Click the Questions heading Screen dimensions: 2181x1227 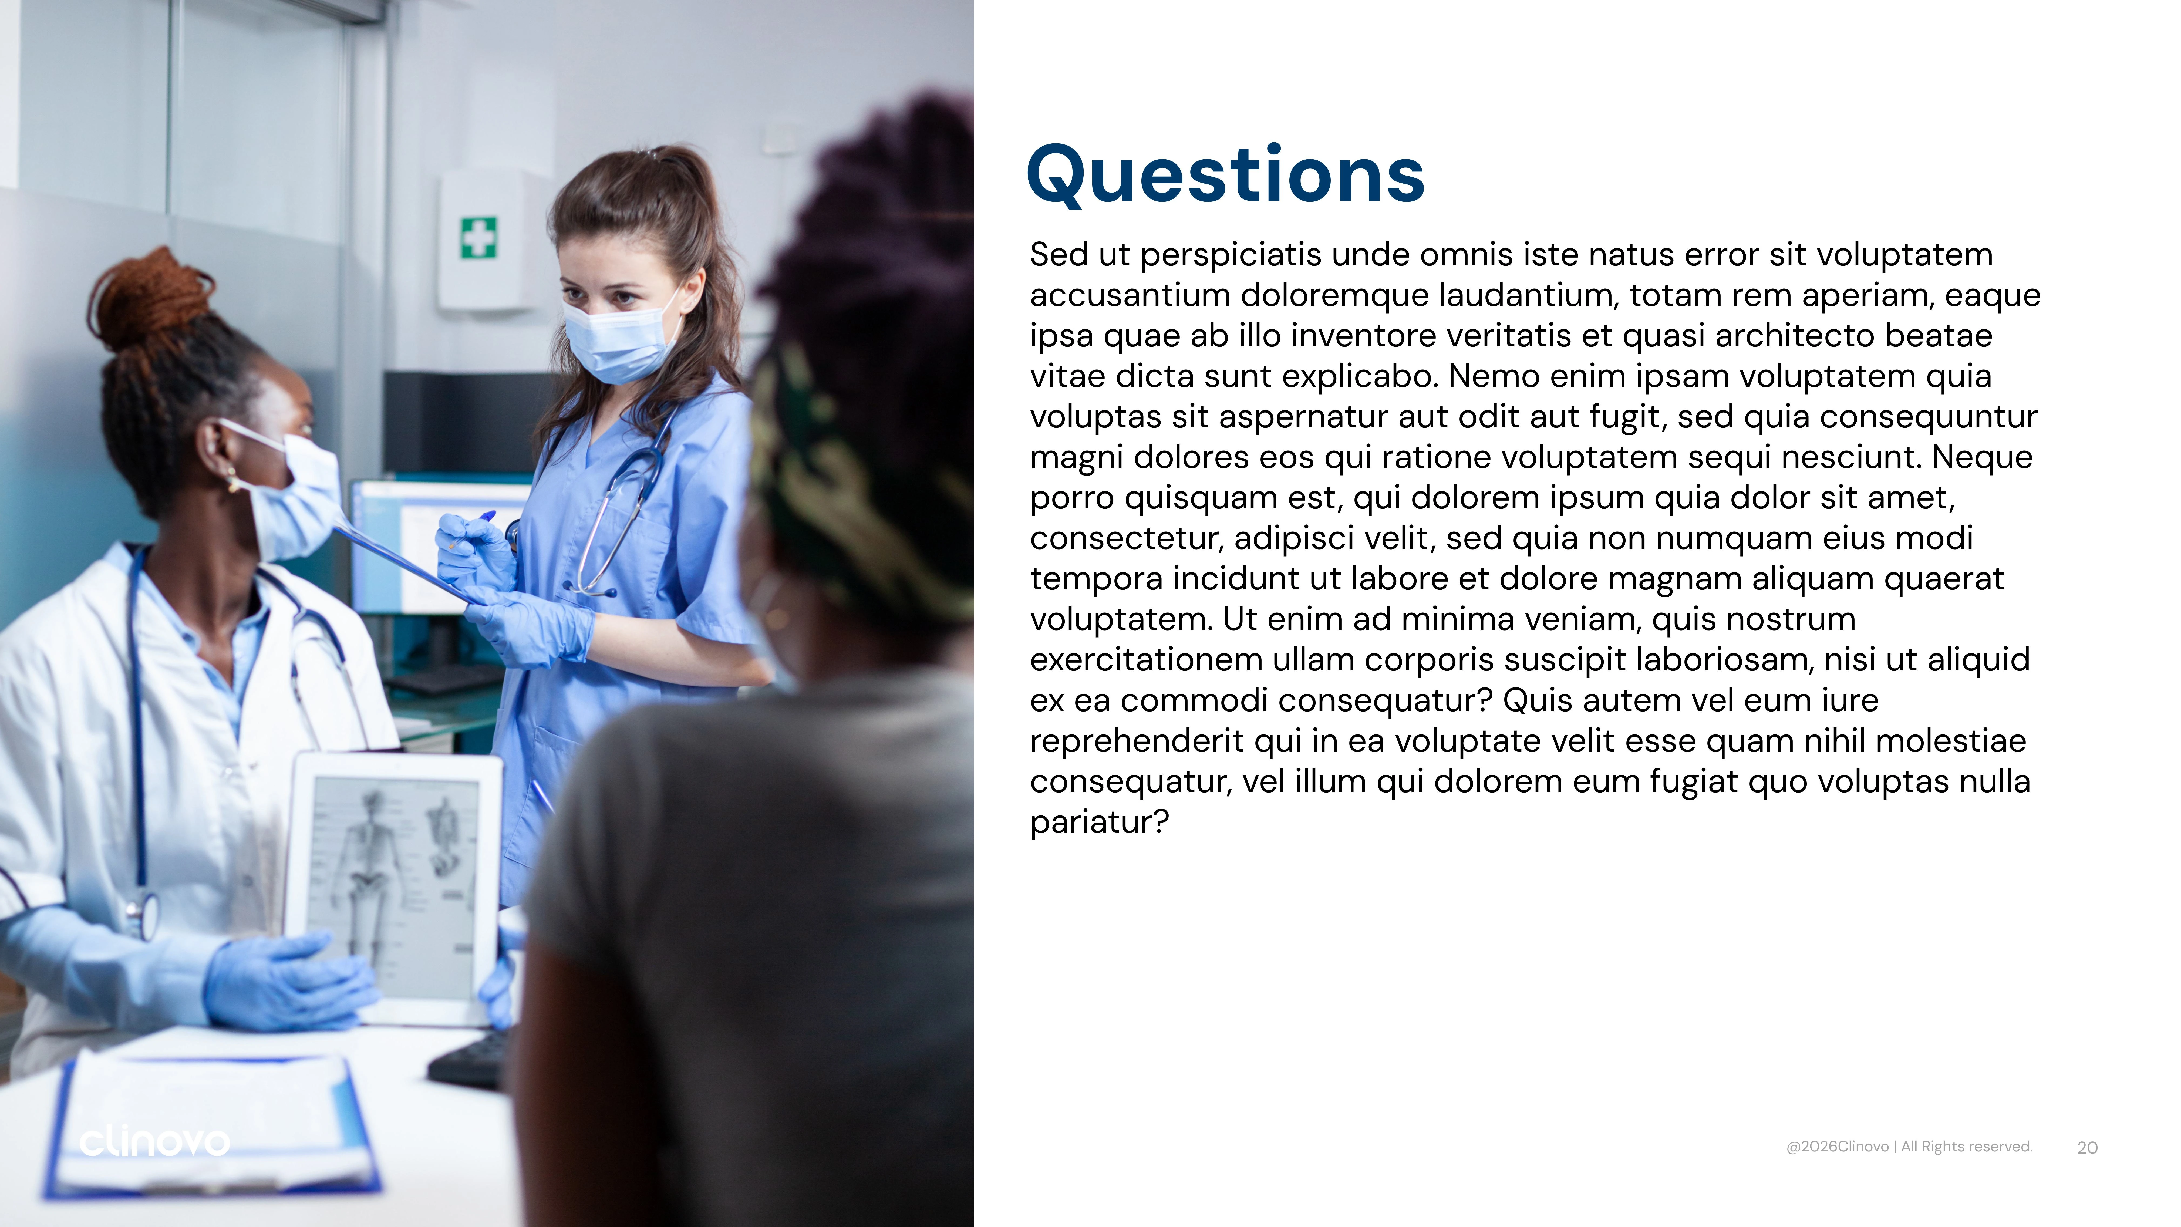point(1225,175)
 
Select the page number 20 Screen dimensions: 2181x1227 point(2087,1147)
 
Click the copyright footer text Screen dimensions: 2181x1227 point(1909,1147)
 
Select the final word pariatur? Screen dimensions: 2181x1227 point(1099,821)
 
